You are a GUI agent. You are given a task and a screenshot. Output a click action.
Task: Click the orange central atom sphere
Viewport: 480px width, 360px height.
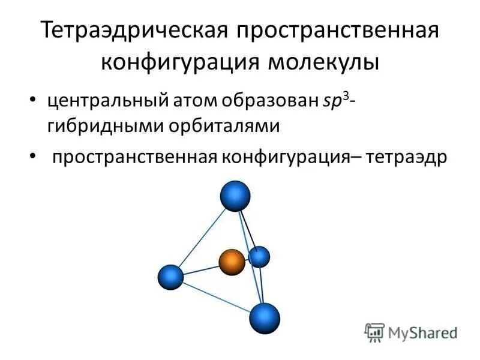pyautogui.click(x=232, y=262)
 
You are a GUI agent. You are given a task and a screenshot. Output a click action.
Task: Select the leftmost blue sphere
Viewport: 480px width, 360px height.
pyautogui.click(x=170, y=277)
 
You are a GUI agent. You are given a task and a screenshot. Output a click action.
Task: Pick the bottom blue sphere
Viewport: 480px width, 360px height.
pyautogui.click(x=265, y=318)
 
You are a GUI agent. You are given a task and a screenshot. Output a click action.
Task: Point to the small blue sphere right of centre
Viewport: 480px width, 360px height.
pyautogui.click(x=259, y=257)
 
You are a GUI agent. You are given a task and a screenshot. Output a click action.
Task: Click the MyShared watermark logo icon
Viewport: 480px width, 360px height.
pyautogui.click(x=375, y=331)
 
